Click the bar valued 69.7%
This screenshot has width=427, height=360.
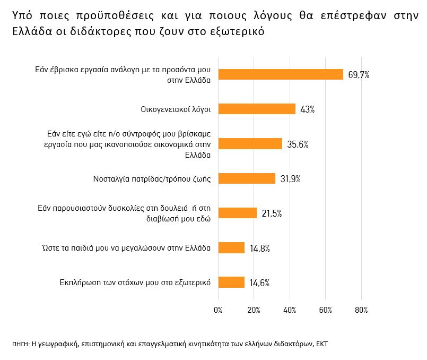[x=281, y=75]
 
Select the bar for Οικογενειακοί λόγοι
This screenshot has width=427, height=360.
[x=257, y=109]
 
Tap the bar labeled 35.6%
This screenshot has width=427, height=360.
[x=250, y=144]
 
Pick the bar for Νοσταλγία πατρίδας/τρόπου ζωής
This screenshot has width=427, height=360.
[x=247, y=178]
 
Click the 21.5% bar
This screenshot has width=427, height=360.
[x=238, y=213]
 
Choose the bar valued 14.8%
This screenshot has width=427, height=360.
[x=231, y=248]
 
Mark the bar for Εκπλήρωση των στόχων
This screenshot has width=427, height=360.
[x=231, y=282]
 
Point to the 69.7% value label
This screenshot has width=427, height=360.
[x=359, y=75]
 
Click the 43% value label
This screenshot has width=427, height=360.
[x=308, y=109]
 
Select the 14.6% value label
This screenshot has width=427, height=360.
[x=259, y=282]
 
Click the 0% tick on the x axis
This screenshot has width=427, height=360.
[x=218, y=310]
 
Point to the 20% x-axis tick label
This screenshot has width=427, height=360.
[x=254, y=310]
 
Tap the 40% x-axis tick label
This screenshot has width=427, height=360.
[x=290, y=310]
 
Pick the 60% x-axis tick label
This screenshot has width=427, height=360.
[x=326, y=310]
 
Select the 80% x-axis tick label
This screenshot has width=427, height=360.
[x=362, y=310]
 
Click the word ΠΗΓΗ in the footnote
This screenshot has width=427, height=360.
[x=21, y=344]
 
